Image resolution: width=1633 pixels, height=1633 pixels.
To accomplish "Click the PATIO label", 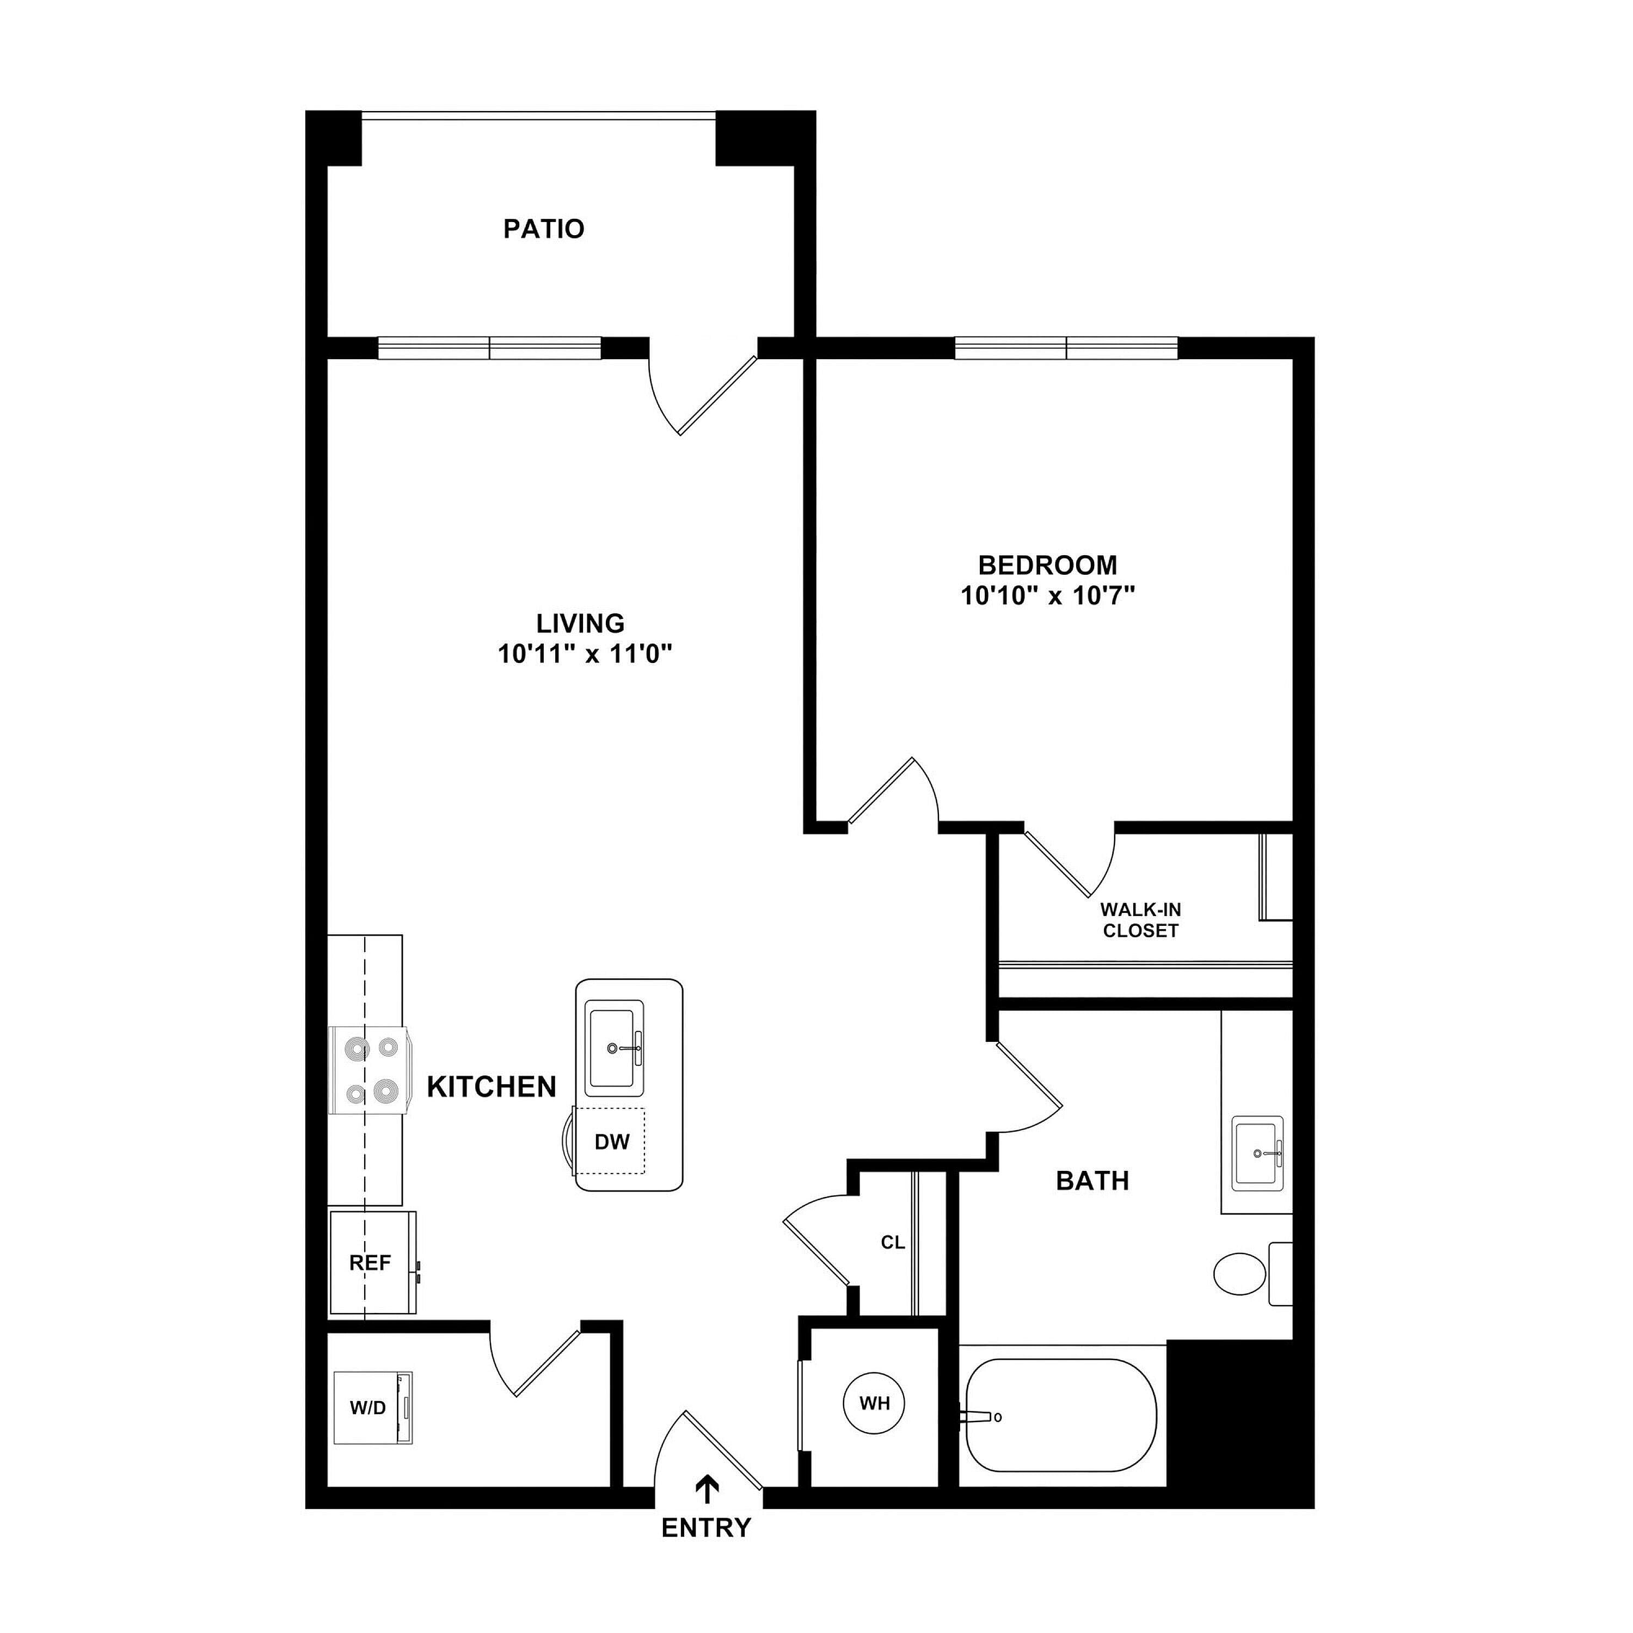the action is click(543, 229).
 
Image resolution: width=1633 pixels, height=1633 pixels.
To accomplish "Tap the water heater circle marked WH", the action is click(875, 1404).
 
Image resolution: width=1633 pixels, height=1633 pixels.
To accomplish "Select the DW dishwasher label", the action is click(612, 1142).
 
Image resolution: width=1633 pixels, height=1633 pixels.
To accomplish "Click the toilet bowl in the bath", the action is click(1240, 1273).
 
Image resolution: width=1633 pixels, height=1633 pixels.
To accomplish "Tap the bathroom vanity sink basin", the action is click(1258, 1152).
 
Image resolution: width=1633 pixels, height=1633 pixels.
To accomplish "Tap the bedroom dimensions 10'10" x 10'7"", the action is click(1047, 596).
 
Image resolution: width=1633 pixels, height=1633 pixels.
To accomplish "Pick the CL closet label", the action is click(893, 1243).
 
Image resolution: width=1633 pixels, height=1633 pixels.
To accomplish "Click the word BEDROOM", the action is click(1047, 564).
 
